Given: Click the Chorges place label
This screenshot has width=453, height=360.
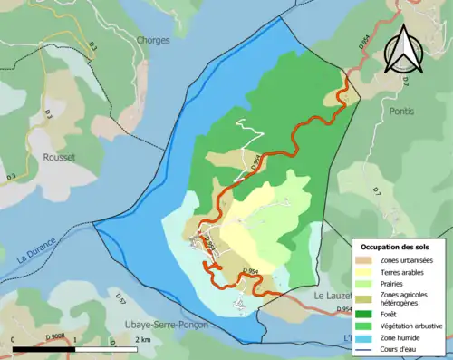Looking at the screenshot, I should (153, 40).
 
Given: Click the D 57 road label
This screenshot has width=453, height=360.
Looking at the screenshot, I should (120, 297).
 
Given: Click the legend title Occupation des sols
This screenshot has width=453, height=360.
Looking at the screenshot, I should (396, 247).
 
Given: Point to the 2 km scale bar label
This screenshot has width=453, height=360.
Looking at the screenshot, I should (142, 340).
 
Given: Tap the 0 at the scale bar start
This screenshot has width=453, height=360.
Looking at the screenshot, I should (14, 340).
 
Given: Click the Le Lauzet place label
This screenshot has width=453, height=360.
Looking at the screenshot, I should (336, 297).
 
